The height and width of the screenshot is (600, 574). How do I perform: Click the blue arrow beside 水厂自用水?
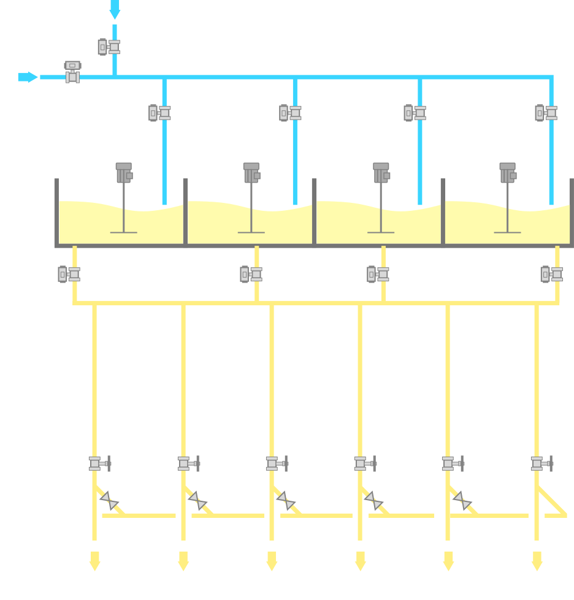tap(28, 77)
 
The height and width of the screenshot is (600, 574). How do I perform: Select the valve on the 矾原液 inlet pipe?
tap(109, 47)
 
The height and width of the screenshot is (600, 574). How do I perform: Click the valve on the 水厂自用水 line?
tap(72, 72)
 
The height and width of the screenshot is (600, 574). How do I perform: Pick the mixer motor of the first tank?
tap(124, 173)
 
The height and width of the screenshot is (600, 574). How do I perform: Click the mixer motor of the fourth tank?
tap(507, 173)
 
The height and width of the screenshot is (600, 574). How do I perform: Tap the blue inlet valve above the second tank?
tap(290, 113)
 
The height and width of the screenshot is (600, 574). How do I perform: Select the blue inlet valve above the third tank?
tap(415, 113)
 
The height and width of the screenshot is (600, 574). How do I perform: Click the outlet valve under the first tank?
tap(69, 274)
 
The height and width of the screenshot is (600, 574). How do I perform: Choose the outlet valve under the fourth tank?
tap(551, 274)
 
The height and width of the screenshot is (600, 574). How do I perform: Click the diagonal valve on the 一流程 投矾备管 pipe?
tap(109, 501)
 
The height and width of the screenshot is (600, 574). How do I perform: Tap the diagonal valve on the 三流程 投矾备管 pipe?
tap(462, 501)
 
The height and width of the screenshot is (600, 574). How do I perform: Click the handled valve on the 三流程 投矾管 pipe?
tap(541, 464)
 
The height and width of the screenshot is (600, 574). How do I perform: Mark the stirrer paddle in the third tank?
tap(381, 232)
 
